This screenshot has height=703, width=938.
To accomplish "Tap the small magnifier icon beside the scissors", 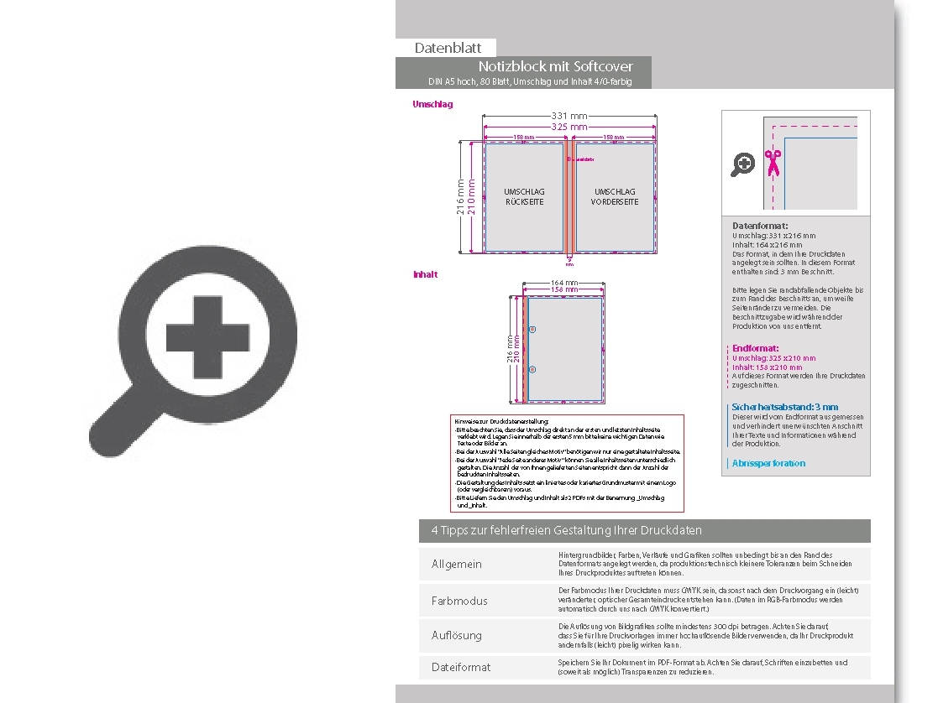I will click(742, 164).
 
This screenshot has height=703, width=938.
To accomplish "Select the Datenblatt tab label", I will click(448, 49).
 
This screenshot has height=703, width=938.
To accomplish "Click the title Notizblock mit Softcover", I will click(555, 66).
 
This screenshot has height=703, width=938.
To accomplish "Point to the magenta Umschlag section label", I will click(432, 104).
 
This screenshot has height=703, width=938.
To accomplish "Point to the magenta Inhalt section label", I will click(425, 274).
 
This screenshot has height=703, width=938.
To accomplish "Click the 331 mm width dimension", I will click(569, 116).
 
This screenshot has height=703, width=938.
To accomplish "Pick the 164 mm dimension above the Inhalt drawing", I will click(563, 283).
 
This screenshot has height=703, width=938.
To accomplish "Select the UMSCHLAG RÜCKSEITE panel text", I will click(524, 197).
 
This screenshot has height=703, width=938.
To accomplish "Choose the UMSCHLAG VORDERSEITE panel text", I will click(615, 197).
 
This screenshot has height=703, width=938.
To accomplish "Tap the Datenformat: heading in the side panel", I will click(760, 227).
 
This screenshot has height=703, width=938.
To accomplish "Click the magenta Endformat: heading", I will click(756, 348).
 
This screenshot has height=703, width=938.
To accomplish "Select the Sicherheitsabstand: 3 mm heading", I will click(784, 407).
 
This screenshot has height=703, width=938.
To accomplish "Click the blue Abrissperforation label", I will click(768, 463).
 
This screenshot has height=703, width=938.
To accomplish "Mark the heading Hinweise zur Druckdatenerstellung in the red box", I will click(501, 420).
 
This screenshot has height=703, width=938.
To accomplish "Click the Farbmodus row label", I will click(459, 601).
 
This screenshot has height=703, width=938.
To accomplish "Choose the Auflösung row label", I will click(456, 635).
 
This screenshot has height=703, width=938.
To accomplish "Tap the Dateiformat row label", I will click(460, 667).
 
